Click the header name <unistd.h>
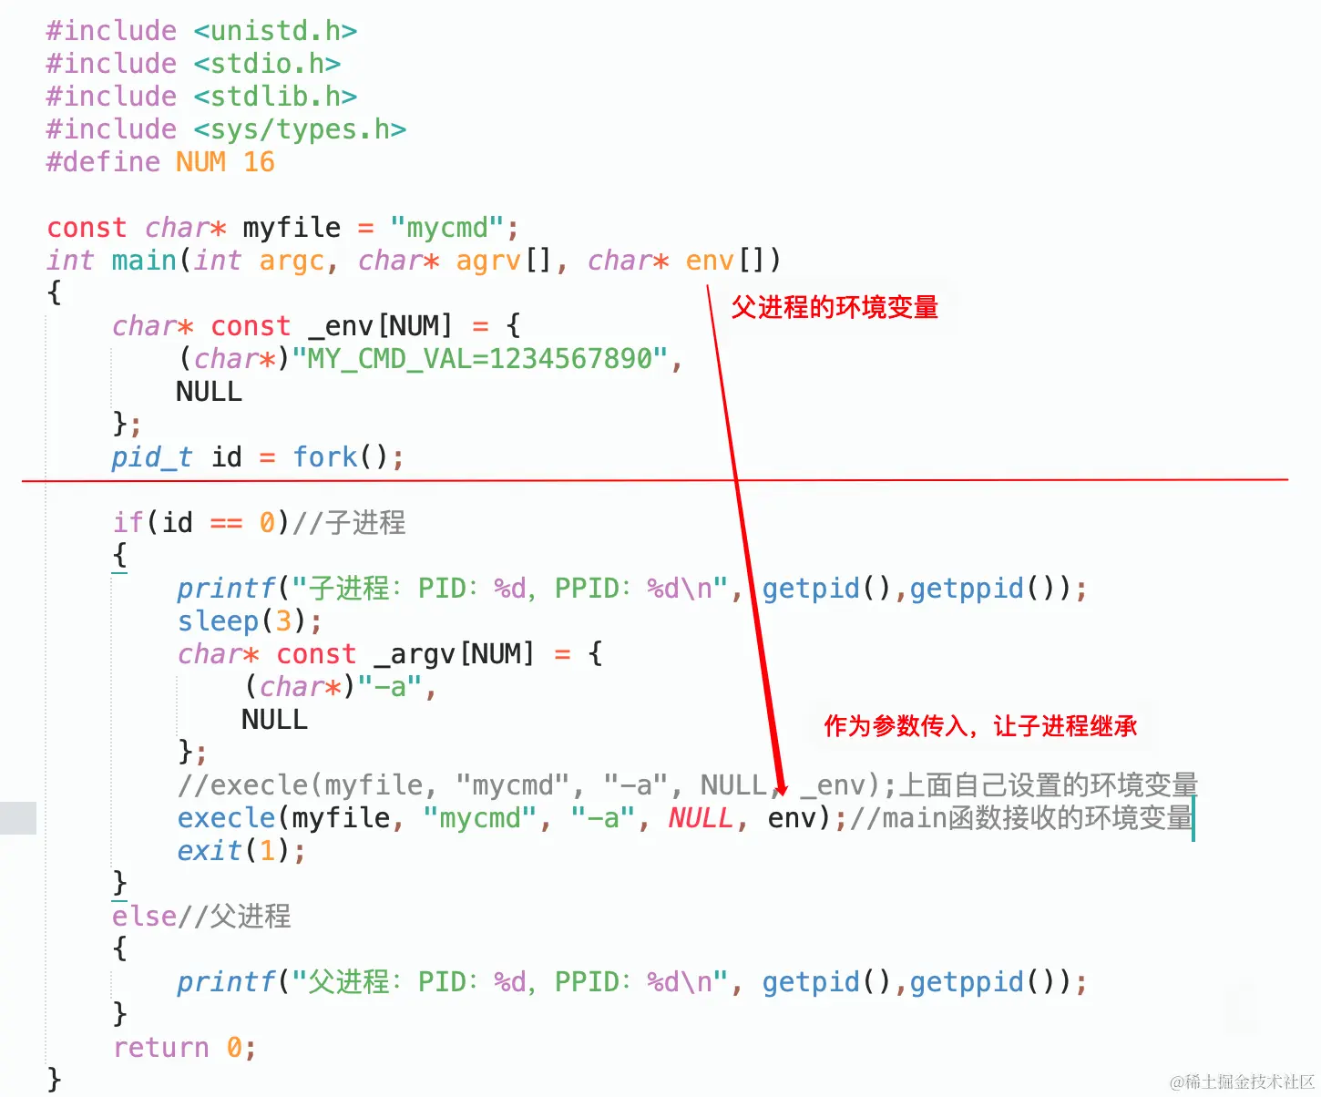pyautogui.click(x=275, y=31)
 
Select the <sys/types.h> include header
pyautogui.click(x=300, y=129)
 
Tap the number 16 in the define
pyautogui.click(x=259, y=162)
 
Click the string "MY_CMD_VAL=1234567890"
pyautogui.click(x=480, y=359)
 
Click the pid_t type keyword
pyautogui.click(x=151, y=457)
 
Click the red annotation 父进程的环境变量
pyautogui.click(x=834, y=308)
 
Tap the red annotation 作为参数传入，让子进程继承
pyautogui.click(x=980, y=726)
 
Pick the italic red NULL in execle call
pyautogui.click(x=700, y=818)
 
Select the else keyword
pyautogui.click(x=144, y=917)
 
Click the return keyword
pyautogui.click(x=160, y=1048)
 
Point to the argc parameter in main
pyautogui.click(x=292, y=261)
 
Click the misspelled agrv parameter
pyautogui.click(x=488, y=261)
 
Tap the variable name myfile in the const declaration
pyautogui.click(x=292, y=228)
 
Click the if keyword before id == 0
pyautogui.click(x=128, y=523)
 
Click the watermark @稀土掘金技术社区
pyautogui.click(x=1242, y=1082)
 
